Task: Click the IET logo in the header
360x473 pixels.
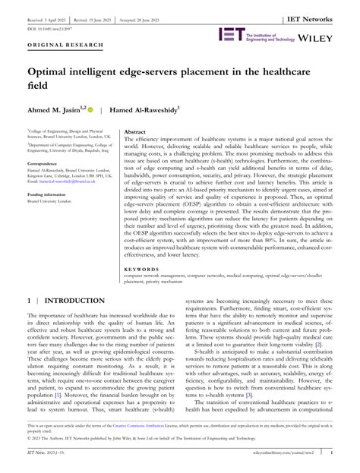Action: (x=231, y=33)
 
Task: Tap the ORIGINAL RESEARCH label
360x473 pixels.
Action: (x=54, y=45)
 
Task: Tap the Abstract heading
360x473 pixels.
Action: (x=134, y=132)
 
